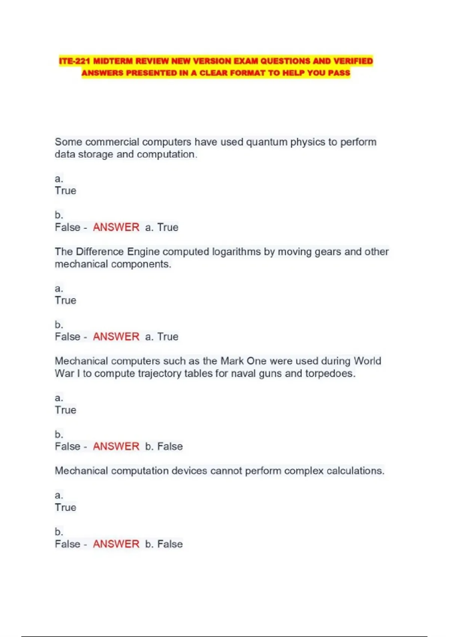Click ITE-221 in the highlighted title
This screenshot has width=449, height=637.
74,61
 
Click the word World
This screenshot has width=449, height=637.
367,361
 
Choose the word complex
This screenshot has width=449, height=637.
303,471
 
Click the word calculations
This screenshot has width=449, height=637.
355,471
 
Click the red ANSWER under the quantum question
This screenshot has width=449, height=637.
116,227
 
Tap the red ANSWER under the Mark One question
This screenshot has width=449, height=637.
116,447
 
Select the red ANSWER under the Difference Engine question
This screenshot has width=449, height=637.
116,337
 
